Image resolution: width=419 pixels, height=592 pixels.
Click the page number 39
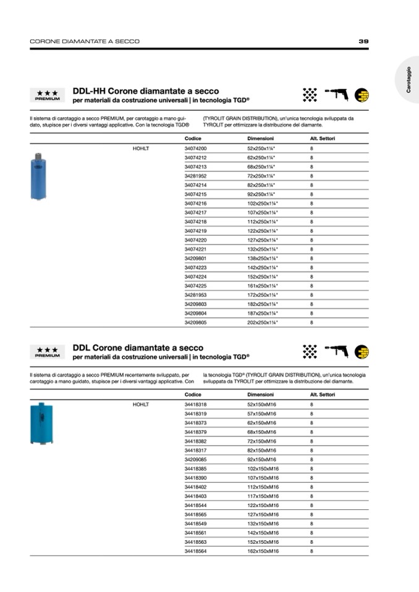point(363,41)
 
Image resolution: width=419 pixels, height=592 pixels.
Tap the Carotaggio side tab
point(408,80)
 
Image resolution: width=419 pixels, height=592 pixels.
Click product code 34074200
point(195,149)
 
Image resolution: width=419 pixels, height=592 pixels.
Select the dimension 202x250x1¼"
point(263,322)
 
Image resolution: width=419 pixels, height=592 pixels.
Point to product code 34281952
point(195,176)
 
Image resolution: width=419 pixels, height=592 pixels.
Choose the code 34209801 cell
point(195,258)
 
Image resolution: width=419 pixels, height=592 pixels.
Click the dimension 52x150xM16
point(261,404)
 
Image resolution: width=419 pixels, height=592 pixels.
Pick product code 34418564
point(195,551)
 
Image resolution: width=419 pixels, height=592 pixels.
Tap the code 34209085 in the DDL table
point(195,459)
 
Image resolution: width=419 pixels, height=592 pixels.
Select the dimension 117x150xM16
point(263,496)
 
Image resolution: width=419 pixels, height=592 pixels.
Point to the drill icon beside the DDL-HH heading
point(337,94)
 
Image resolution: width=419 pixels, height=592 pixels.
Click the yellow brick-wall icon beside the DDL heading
point(362,351)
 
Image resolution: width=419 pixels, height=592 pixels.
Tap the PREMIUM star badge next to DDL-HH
point(48,95)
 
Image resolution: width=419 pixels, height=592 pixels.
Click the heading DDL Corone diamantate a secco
point(138,348)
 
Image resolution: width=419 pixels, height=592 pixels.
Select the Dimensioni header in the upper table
point(260,139)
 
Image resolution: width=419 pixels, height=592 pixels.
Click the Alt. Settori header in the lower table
point(322,394)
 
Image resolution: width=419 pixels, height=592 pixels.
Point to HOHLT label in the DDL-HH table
point(141,149)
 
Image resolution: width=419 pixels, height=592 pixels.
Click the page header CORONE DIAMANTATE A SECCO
point(85,41)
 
